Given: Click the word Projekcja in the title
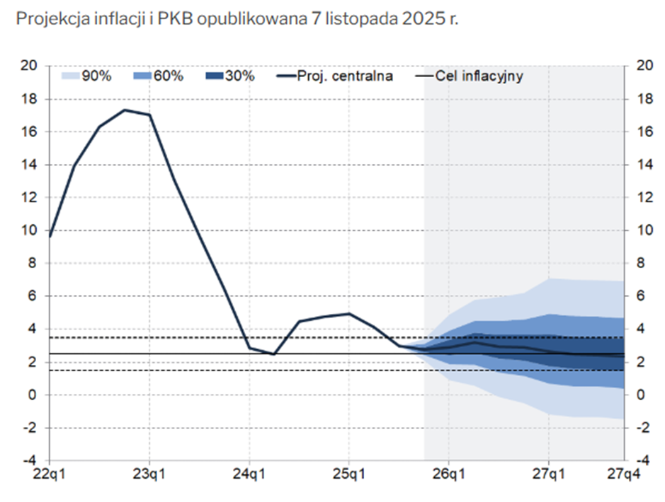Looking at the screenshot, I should point(45,19).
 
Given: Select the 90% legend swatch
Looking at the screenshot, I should point(72,76).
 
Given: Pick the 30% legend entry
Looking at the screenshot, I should point(240,76).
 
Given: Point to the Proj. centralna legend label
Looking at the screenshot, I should point(346,76).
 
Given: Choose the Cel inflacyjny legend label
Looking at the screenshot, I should point(479,76).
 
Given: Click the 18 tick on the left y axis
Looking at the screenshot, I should point(29,99).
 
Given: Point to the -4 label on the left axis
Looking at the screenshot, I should point(29,460).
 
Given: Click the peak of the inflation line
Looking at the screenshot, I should point(124,110).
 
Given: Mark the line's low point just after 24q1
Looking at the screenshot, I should point(274,354).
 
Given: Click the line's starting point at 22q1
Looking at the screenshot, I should point(50,236).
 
